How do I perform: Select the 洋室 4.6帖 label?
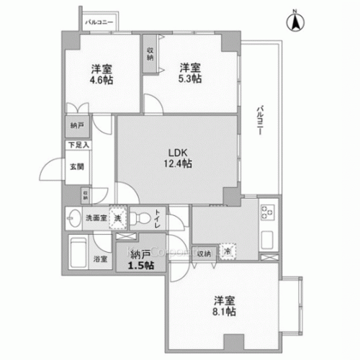pos(101,74)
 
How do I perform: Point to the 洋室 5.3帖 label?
pos(190,73)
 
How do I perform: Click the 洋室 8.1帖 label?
pos(222,307)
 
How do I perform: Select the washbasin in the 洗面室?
pos(74,216)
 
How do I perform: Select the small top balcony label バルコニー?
pos(99,23)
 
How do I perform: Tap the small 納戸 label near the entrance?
pos(76,125)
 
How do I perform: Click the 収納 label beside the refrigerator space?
pos(204,252)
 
